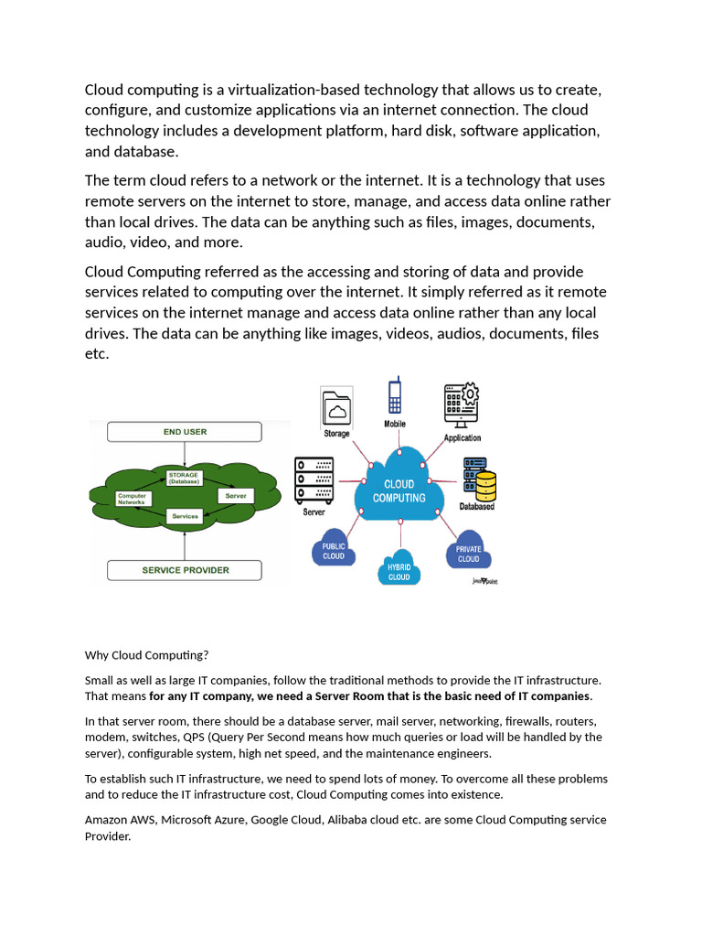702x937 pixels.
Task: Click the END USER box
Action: click(x=185, y=432)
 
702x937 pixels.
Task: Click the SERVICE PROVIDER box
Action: click(x=185, y=570)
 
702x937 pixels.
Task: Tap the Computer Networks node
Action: click(x=133, y=498)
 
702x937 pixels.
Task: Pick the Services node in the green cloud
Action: click(x=185, y=516)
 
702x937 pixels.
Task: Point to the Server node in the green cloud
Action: click(x=235, y=495)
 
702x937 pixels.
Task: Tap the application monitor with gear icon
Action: click(x=462, y=405)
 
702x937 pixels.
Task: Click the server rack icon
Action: click(x=314, y=479)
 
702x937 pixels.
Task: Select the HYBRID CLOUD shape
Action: click(x=399, y=568)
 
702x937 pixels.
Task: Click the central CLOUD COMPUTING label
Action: click(x=399, y=491)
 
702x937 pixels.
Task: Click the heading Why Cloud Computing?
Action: click(x=147, y=655)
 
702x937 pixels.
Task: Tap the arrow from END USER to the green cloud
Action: click(x=185, y=452)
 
